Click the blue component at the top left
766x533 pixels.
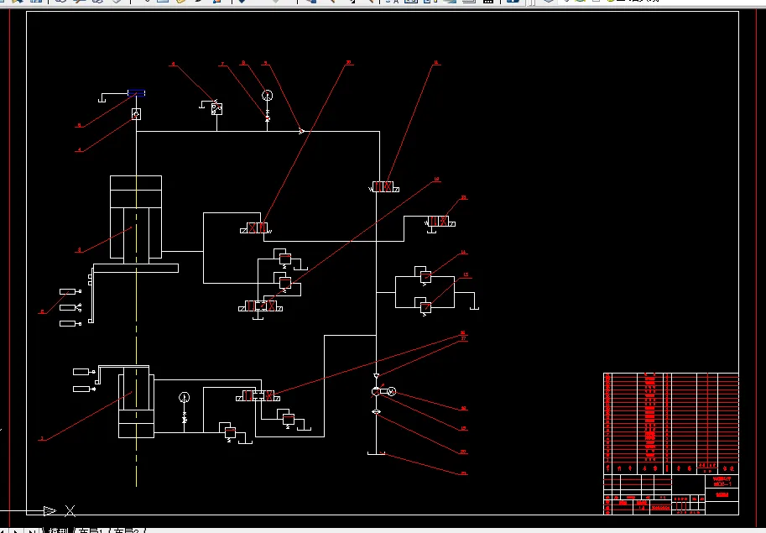[136, 93]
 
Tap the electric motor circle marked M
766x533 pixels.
[390, 391]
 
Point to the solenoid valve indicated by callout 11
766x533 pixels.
[383, 186]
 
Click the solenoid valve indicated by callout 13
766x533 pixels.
[440, 221]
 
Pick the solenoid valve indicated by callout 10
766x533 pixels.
[257, 228]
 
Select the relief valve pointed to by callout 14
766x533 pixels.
[425, 276]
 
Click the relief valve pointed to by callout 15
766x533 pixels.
[425, 307]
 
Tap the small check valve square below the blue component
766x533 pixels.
[136, 113]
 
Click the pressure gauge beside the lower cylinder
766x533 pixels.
[185, 396]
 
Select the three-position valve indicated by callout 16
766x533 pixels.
[258, 395]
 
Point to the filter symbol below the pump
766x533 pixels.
[376, 411]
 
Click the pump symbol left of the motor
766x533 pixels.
[376, 391]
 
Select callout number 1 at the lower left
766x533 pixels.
[42, 439]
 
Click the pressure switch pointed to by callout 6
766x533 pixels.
[216, 108]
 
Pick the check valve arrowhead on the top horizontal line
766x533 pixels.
[302, 131]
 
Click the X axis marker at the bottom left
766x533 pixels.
[70, 509]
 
